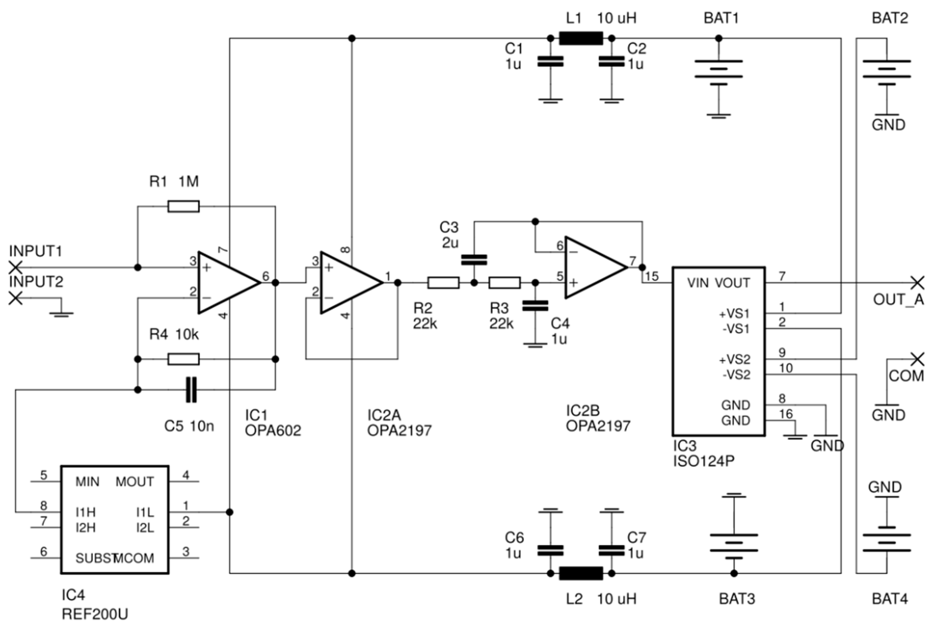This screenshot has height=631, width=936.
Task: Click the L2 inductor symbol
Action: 581,573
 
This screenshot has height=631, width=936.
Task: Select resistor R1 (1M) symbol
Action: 183,206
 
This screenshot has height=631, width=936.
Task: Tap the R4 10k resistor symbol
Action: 183,359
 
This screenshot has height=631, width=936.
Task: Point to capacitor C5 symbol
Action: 191,390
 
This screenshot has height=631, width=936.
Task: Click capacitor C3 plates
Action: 474,260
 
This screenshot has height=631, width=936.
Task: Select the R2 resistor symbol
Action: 443,283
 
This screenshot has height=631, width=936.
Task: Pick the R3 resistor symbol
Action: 504,283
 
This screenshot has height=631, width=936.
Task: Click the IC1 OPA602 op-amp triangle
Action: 225,283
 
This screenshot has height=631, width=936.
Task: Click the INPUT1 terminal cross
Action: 15,267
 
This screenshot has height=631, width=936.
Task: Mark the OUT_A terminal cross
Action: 917,283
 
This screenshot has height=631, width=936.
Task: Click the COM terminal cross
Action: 917,359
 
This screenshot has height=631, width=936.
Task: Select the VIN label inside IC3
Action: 698,283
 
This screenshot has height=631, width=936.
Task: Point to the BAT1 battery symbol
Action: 718,72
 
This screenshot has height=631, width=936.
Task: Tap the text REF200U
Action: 95,614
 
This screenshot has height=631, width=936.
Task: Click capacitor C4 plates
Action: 535,306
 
